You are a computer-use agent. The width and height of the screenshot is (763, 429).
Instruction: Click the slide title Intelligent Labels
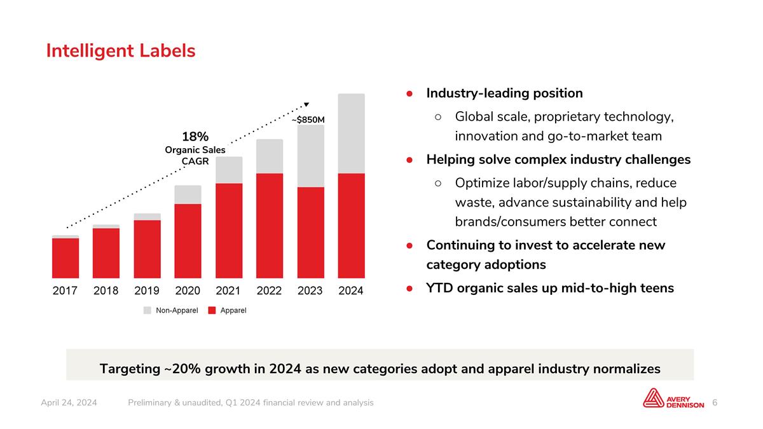tap(121, 51)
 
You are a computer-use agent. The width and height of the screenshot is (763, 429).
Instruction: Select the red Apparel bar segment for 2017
tap(65, 258)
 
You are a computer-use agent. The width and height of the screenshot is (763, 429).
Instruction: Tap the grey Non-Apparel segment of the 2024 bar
tap(351, 133)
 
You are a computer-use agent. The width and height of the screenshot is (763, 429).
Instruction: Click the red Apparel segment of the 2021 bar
tap(229, 231)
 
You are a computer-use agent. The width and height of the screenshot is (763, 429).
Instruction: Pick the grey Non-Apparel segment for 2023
tap(311, 156)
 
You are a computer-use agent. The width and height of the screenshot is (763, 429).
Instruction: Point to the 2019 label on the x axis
tap(147, 291)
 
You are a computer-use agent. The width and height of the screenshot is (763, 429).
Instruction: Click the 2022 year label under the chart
tap(269, 291)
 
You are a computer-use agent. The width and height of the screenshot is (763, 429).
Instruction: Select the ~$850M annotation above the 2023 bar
tap(308, 119)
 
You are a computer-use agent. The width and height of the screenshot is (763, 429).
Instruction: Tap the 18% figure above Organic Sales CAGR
tap(195, 137)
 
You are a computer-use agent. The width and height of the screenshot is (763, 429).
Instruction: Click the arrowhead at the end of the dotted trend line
tap(306, 104)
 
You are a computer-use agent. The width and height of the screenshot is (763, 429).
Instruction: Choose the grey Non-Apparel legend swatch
tap(147, 310)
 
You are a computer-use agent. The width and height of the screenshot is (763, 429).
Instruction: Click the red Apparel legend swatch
tap(212, 310)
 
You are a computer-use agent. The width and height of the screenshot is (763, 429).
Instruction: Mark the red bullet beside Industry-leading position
tap(409, 93)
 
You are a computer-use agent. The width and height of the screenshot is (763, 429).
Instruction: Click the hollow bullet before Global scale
tap(438, 117)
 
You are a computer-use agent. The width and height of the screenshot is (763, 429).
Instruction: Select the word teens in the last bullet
tap(657, 288)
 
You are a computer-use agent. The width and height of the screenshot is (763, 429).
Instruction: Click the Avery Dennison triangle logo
tap(653, 398)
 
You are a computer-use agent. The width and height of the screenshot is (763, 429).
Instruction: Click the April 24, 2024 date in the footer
tap(69, 403)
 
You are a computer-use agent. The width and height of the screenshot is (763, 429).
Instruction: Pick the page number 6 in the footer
tap(715, 403)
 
